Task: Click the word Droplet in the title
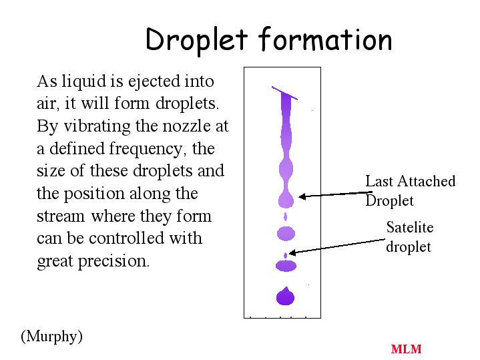196,41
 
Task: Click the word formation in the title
325,39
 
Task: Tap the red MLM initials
406,349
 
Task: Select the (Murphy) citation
51,337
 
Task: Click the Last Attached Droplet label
410,191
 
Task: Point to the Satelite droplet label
410,237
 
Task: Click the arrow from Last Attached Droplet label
336,194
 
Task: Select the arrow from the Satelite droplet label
336,246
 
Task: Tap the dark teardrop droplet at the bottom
285,296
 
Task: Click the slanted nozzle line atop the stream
284,93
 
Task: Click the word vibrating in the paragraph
97,126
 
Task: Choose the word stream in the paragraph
60,216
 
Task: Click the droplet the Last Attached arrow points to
286,199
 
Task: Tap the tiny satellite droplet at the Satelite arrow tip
286,255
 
